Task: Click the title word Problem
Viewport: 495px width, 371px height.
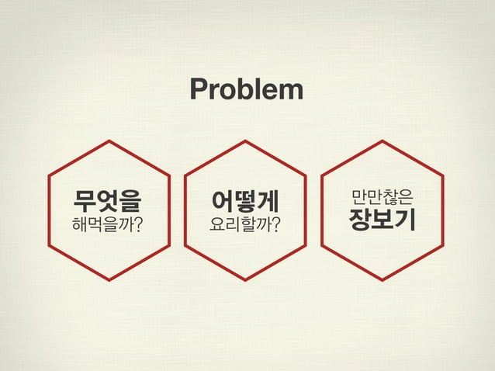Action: click(x=247, y=90)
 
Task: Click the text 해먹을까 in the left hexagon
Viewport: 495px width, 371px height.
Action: click(x=103, y=225)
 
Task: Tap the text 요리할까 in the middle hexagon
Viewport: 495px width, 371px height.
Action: click(x=240, y=225)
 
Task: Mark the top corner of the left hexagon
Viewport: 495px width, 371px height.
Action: click(x=109, y=140)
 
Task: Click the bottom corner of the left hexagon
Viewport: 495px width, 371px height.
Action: click(x=109, y=280)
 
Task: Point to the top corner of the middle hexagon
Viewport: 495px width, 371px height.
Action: click(x=245, y=140)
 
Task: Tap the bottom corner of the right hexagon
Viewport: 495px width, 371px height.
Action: click(x=382, y=280)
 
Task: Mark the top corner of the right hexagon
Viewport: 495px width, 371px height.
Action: click(x=382, y=140)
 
